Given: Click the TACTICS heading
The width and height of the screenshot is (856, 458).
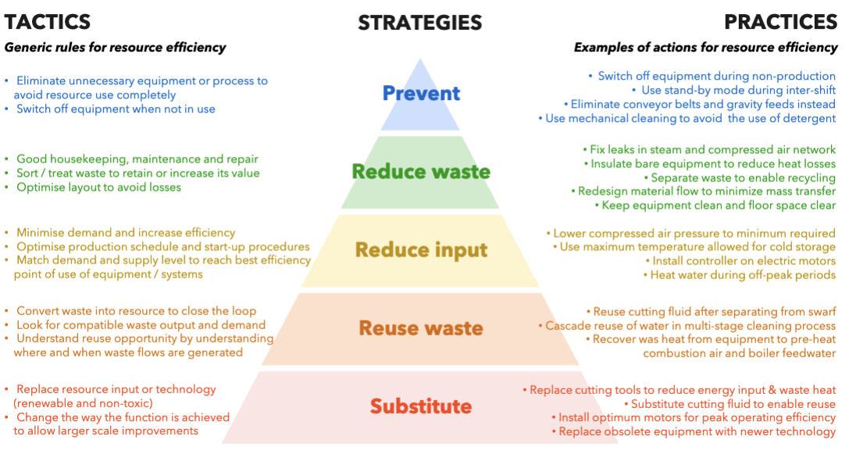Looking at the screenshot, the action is click(x=48, y=21).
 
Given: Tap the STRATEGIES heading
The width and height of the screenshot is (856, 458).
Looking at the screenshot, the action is click(x=420, y=23).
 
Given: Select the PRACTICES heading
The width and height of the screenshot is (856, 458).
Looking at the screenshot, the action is click(x=780, y=21).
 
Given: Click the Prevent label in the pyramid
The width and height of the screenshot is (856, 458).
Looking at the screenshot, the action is click(x=421, y=93).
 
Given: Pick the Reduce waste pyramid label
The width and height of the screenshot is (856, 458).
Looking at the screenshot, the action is click(x=421, y=171).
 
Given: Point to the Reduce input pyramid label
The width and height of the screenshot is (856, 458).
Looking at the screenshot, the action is click(x=421, y=250).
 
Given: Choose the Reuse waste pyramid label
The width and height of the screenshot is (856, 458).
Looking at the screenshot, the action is click(x=421, y=327).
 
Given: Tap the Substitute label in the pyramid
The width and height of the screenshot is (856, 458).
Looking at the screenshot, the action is click(x=421, y=406).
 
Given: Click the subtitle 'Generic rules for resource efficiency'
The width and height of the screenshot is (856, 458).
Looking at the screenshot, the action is click(x=115, y=48).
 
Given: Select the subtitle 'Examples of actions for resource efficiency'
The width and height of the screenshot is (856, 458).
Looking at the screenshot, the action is click(x=705, y=48).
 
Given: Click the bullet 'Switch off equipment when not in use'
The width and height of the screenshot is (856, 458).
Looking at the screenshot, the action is click(x=116, y=109).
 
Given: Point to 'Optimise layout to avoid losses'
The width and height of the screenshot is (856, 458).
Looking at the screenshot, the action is click(x=98, y=188).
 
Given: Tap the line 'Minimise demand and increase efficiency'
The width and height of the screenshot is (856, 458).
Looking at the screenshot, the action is click(x=125, y=233).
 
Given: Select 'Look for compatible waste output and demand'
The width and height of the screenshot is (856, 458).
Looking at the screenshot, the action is click(x=141, y=325).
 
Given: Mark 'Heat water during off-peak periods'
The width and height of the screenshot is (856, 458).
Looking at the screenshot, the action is click(x=743, y=275).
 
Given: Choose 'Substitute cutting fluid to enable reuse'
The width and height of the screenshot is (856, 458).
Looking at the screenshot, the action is click(x=733, y=404).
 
